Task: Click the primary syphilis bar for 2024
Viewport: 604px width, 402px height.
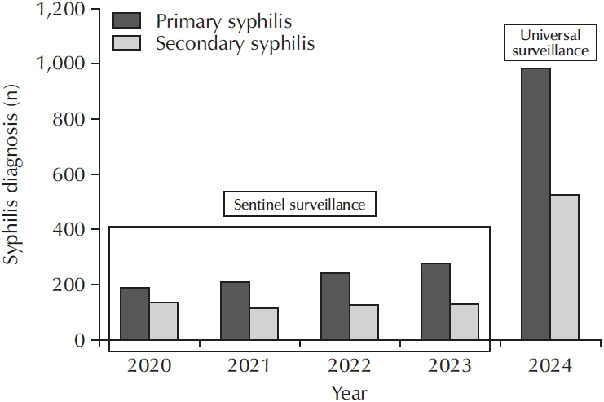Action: point(536,204)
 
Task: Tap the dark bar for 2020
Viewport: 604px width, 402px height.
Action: point(134,314)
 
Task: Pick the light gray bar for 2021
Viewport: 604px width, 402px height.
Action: point(264,324)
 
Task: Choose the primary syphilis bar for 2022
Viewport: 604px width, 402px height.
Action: point(335,307)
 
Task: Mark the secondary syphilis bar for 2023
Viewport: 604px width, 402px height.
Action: point(464,322)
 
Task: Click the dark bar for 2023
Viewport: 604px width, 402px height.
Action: point(435,302)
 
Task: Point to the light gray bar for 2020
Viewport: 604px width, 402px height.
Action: point(163,321)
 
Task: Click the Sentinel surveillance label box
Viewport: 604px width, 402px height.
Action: point(299,205)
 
